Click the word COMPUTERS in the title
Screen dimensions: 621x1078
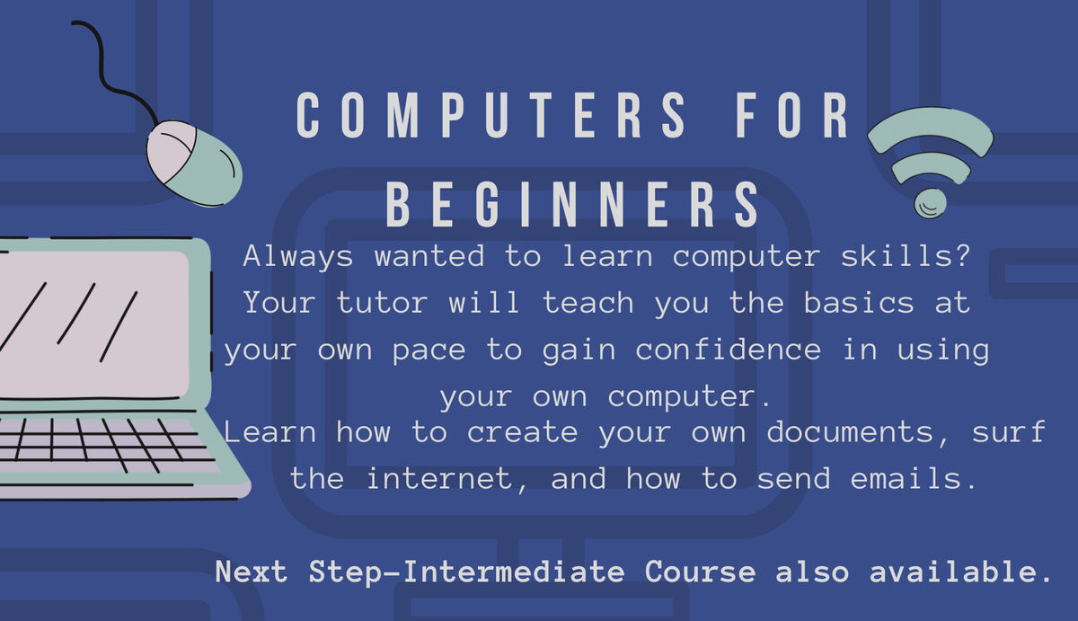coord(492,117)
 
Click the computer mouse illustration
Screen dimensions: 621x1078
coord(194,163)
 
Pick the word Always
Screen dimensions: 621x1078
coord(299,256)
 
